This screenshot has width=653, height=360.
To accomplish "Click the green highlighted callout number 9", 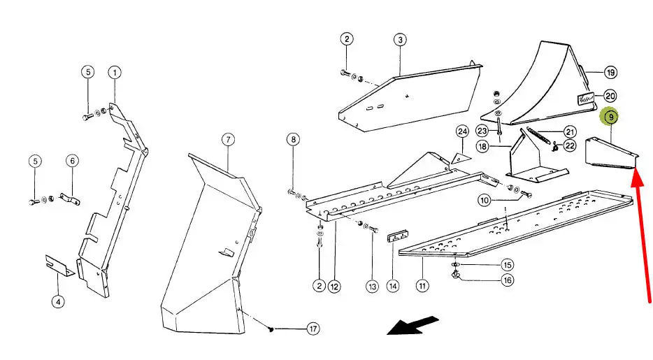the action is click(610, 117).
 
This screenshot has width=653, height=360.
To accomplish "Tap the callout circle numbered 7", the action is click(228, 139).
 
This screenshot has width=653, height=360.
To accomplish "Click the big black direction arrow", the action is click(412, 326).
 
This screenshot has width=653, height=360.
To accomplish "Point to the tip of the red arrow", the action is click(636, 168).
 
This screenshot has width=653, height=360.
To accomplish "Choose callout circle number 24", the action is click(462, 132).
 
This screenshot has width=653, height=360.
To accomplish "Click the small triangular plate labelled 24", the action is click(461, 158).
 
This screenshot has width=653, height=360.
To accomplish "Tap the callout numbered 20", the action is click(610, 96).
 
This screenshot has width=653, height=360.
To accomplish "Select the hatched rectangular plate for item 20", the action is click(584, 99).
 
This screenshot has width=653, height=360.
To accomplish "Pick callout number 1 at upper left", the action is click(115, 73).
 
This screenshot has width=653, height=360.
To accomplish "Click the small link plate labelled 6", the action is click(69, 199).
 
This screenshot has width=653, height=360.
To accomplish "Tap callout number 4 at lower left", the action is click(58, 301).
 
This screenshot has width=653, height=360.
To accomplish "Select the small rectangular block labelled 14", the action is click(398, 237).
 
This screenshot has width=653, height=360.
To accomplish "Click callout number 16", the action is click(507, 280).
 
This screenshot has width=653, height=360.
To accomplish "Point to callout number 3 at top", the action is click(400, 40).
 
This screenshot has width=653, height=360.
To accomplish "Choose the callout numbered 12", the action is click(334, 287).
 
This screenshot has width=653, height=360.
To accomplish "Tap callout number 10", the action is click(485, 200).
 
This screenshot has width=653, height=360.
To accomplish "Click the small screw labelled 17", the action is click(271, 329).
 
